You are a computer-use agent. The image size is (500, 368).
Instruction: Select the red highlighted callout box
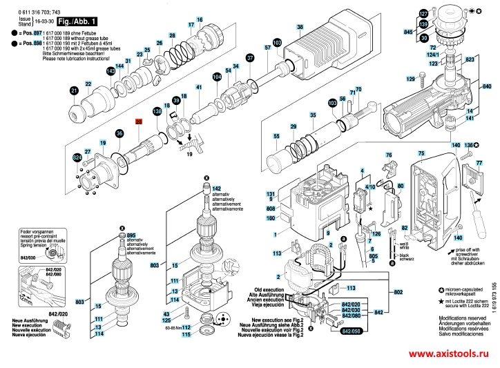click(x=138, y=122)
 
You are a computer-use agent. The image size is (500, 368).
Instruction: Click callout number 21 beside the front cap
click(x=74, y=90)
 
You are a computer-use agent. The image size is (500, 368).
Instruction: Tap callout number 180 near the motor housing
click(x=271, y=219)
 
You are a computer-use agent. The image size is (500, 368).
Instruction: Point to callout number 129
click(x=410, y=80)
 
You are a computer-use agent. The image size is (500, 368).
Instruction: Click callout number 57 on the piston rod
click(x=267, y=48)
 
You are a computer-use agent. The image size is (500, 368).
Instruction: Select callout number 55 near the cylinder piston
click(x=277, y=137)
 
